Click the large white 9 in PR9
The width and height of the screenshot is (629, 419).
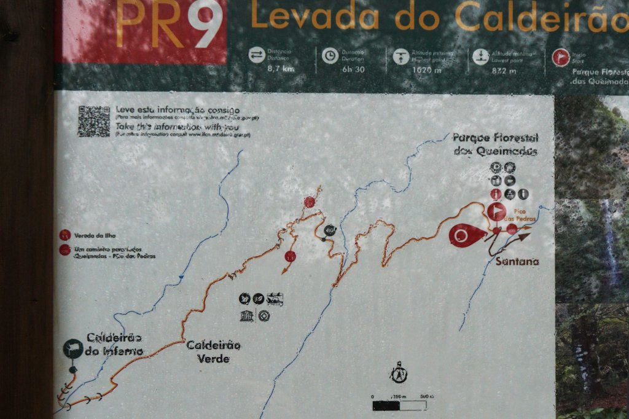[x=205, y=25]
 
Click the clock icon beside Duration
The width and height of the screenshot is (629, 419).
[x=330, y=56]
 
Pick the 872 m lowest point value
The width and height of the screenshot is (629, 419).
[x=503, y=70]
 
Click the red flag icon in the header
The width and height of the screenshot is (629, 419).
[x=560, y=57]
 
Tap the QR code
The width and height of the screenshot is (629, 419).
[x=93, y=121]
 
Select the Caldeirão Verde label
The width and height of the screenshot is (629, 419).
[x=213, y=351]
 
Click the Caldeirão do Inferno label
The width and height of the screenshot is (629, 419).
[x=115, y=344]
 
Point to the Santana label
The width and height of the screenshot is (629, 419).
[x=517, y=262]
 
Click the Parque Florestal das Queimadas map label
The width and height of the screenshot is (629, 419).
[x=495, y=144]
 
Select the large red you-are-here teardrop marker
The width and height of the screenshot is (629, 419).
[x=466, y=235]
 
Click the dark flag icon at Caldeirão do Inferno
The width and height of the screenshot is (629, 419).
[x=72, y=348]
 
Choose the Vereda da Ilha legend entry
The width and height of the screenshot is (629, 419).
[x=95, y=235]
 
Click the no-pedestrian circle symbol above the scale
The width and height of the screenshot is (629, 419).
[x=399, y=373]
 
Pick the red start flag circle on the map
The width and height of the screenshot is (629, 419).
[x=496, y=212]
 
